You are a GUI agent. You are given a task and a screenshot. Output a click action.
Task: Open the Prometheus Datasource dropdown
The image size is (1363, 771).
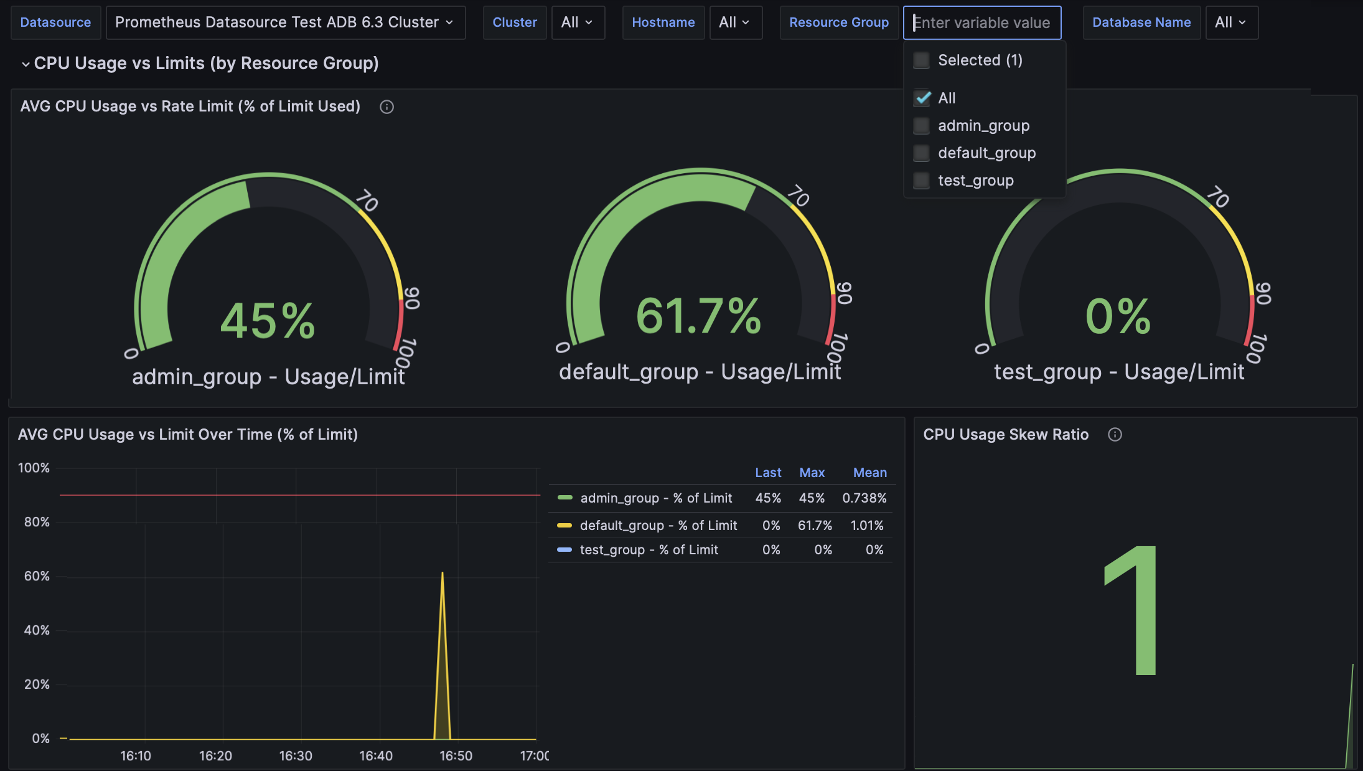tap(285, 22)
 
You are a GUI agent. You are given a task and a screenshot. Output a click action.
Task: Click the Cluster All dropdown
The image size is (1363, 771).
tap(578, 22)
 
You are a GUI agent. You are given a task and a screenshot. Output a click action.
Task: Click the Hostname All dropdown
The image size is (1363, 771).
tap(735, 22)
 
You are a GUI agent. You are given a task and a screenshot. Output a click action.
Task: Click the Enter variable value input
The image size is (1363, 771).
tap(981, 23)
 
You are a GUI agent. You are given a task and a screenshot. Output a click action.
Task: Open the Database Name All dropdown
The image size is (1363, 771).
tap(1231, 22)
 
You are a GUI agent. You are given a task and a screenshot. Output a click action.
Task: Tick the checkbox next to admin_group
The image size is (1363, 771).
tap(922, 126)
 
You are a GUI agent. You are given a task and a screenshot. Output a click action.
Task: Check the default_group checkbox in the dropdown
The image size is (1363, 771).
tap(922, 153)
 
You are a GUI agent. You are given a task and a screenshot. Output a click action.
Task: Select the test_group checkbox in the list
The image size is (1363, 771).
tap(922, 181)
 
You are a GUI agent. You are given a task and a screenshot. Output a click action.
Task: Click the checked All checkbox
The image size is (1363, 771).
tap(922, 98)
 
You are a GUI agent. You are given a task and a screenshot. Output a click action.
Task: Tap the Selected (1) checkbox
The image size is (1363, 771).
tap(922, 60)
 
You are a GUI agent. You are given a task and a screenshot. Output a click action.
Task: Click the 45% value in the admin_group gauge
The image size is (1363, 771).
tap(268, 321)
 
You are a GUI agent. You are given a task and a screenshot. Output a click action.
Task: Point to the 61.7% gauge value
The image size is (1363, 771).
tap(698, 316)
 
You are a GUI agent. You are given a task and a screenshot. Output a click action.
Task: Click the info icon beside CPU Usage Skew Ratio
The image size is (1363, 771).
tap(1115, 435)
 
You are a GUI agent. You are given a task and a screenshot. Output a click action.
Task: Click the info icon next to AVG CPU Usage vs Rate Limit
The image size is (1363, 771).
tap(386, 107)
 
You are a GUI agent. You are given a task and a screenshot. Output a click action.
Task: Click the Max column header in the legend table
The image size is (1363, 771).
tap(812, 473)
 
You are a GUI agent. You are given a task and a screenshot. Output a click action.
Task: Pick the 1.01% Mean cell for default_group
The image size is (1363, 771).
tap(866, 526)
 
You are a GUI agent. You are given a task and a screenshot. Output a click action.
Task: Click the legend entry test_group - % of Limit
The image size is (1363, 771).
tap(649, 550)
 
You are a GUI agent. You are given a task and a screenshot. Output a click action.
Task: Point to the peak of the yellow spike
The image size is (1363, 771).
tap(443, 573)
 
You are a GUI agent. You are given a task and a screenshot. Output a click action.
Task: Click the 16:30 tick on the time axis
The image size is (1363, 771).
tap(296, 755)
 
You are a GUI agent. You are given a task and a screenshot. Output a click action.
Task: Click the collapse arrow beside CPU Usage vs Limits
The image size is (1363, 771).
tap(26, 64)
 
